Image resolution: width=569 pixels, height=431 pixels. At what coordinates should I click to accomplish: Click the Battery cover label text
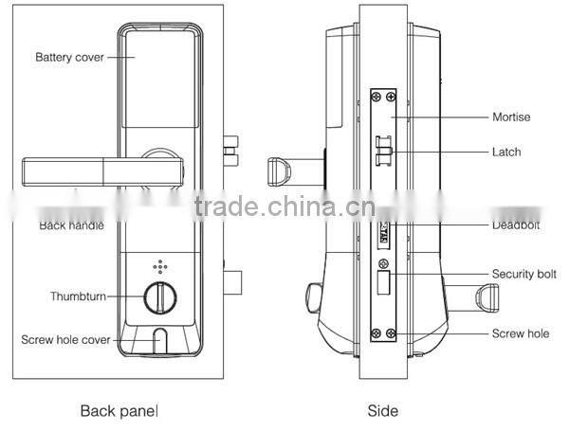69,57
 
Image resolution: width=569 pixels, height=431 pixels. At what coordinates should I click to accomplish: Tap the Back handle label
71,225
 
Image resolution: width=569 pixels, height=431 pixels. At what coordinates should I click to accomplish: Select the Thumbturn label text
77,296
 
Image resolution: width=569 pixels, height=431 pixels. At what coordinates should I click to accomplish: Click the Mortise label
510,117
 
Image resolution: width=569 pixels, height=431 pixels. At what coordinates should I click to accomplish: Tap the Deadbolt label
515,225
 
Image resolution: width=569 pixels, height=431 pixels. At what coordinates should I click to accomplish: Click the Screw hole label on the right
520,333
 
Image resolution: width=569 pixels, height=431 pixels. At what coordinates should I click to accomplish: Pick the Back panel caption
119,411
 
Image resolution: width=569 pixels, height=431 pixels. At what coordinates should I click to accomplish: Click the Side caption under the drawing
382,411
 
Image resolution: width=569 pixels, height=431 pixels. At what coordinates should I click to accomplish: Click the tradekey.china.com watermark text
284,207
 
